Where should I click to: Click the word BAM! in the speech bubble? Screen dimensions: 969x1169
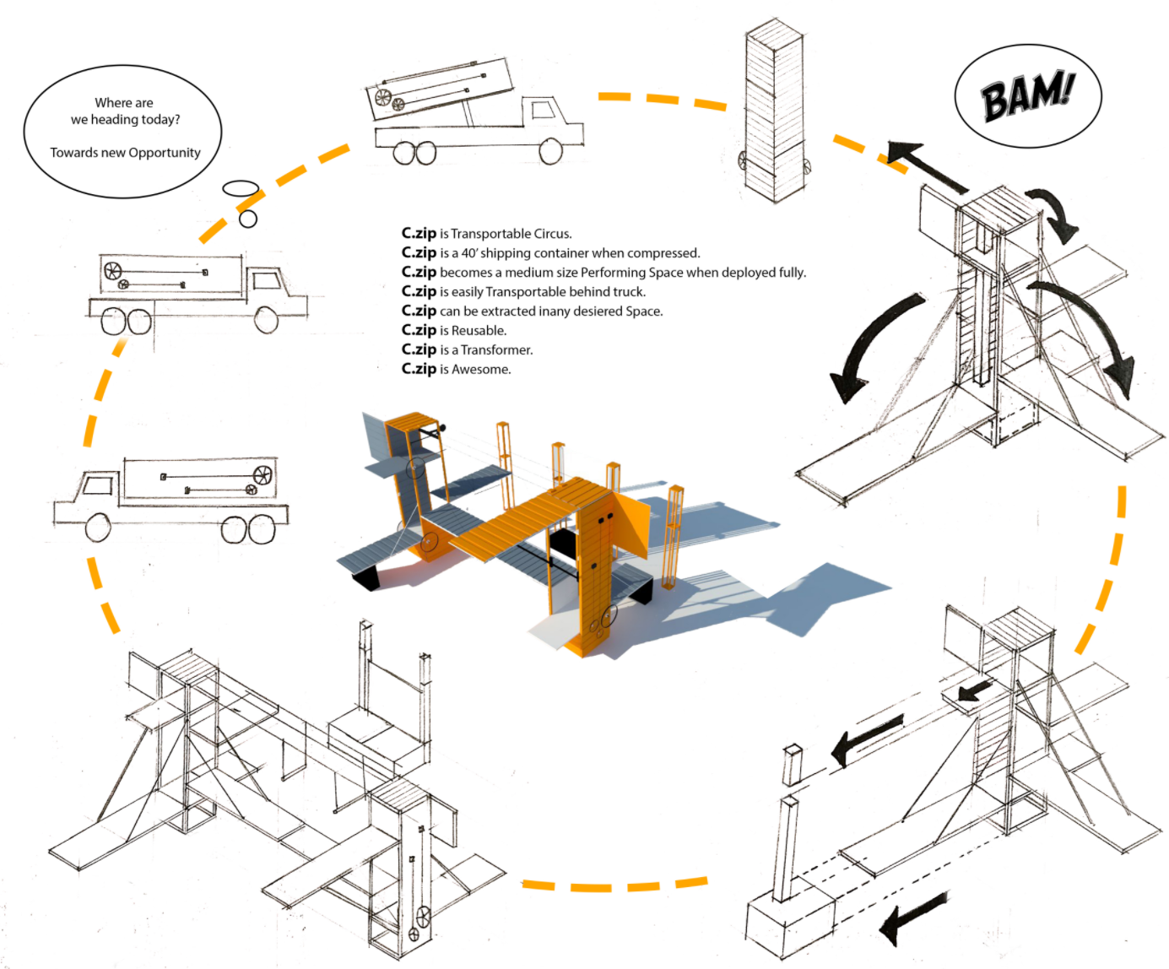pos(1027,95)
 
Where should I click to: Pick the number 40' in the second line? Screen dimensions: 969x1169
pos(468,253)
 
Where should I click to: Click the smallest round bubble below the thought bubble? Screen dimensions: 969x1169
pos(248,219)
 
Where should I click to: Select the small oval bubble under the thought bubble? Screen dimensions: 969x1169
pos(241,188)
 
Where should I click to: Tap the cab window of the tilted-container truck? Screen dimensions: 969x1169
pos(543,110)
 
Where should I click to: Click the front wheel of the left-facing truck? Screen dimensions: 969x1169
pos(98,527)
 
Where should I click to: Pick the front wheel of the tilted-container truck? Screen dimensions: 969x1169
pos(551,151)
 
